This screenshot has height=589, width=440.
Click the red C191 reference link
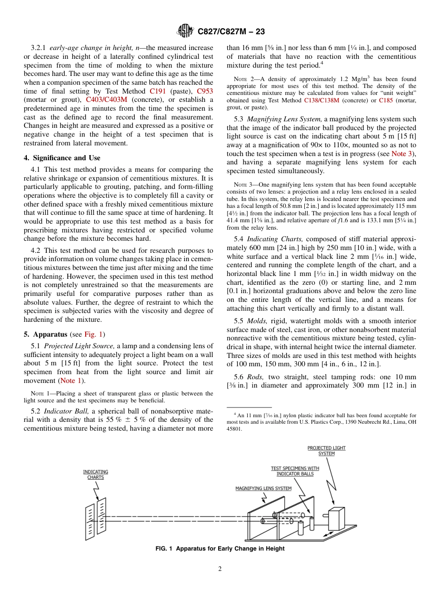(x=157, y=91)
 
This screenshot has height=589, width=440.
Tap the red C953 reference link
(x=205, y=91)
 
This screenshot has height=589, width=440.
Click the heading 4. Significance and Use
(x=62, y=158)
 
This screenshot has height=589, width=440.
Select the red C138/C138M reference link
(x=321, y=100)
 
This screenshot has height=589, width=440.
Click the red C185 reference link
(x=386, y=100)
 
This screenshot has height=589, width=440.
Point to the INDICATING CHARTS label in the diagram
(x=96, y=474)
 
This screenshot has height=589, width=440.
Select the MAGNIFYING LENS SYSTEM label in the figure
(x=263, y=489)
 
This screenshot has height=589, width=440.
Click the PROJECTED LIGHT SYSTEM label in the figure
(x=327, y=451)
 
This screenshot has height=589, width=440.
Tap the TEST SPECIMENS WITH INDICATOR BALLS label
(x=295, y=471)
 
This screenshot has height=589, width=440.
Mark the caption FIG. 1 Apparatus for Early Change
(x=220, y=549)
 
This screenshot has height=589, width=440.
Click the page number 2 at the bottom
(x=220, y=569)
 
